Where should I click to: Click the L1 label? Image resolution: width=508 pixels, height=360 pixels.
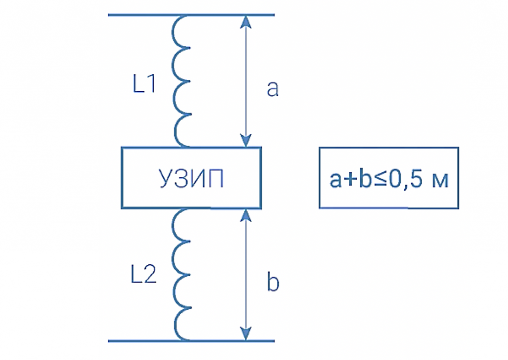click(144, 85)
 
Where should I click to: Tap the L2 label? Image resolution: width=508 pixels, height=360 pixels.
click(144, 276)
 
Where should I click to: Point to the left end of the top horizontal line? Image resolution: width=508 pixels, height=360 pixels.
click(110, 15)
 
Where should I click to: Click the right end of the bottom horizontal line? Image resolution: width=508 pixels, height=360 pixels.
click(273, 341)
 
